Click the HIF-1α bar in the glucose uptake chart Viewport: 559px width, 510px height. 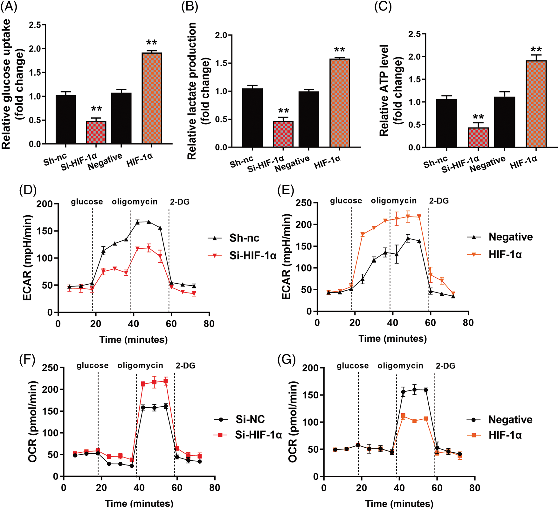point(152,99)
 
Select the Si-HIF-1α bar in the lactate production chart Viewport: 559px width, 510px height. point(283,134)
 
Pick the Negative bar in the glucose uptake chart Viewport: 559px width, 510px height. point(121,118)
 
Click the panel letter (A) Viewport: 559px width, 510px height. point(9,7)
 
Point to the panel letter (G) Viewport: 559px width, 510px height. point(286,360)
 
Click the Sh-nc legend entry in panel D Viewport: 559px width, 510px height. point(244,238)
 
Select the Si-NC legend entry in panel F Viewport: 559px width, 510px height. point(250,419)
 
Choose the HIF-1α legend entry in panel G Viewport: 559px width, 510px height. point(505,435)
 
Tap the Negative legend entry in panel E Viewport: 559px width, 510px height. point(510,237)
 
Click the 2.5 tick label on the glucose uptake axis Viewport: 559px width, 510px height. point(35,25)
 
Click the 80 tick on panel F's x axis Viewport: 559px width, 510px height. point(215,488)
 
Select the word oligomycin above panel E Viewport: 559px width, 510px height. point(394,201)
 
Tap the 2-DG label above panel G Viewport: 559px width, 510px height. point(445,366)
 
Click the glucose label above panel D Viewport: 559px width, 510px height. point(87,202)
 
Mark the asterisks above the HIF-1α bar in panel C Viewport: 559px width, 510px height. point(536,50)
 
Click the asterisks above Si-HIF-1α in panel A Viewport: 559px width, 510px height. point(96,109)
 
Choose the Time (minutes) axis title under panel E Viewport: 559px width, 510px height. point(393,339)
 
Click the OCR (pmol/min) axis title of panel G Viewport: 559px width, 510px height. point(293,422)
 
